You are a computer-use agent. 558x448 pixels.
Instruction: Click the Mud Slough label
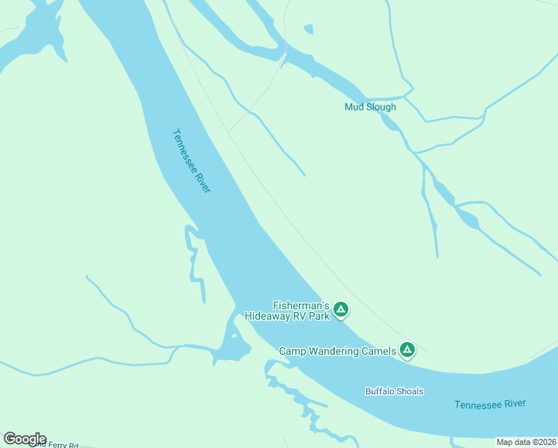click(x=370, y=107)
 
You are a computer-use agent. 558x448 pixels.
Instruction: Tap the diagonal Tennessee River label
click(x=192, y=161)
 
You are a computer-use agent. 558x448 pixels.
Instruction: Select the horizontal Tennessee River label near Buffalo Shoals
click(x=489, y=404)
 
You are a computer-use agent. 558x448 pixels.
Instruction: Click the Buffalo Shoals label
click(x=394, y=391)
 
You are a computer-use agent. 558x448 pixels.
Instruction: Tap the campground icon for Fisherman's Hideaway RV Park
click(x=341, y=309)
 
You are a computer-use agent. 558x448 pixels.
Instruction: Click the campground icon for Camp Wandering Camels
click(x=407, y=349)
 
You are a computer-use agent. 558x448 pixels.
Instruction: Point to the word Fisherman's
click(x=301, y=305)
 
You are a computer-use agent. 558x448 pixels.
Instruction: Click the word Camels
click(x=378, y=351)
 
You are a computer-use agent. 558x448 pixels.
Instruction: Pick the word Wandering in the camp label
click(x=331, y=351)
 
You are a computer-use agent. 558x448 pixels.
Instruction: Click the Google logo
click(x=25, y=439)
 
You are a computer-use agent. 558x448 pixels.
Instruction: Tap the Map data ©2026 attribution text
click(x=526, y=442)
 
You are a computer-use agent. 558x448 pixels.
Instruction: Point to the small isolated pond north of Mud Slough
click(x=308, y=29)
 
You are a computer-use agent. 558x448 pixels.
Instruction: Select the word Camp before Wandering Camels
click(x=292, y=351)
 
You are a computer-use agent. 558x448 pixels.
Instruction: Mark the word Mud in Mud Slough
click(x=353, y=107)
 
